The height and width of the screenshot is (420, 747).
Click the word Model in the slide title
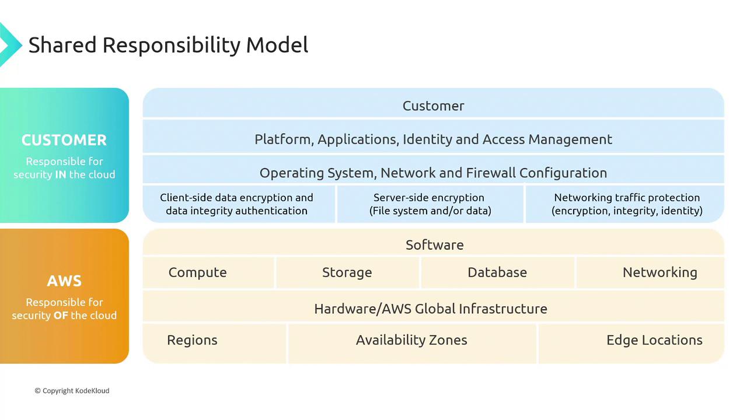[x=277, y=45]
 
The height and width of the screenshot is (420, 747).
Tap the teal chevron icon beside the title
[x=10, y=45]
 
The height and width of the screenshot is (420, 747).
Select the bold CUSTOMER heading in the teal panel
[x=64, y=140]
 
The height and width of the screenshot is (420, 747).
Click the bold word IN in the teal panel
[x=60, y=174]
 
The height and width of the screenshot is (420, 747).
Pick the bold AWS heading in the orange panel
[x=64, y=281]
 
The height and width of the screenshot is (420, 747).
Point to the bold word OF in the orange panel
[x=61, y=316]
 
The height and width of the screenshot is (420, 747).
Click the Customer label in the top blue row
[x=433, y=106]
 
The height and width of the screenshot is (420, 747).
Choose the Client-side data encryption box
[x=239, y=204]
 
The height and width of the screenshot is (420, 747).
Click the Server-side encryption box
[x=430, y=204]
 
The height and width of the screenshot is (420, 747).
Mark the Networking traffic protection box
[x=625, y=204]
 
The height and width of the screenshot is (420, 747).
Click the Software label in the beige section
[x=435, y=245]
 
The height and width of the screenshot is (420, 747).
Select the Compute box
[x=208, y=272]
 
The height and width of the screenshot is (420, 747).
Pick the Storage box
[x=347, y=272]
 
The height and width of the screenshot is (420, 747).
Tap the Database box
[x=498, y=272]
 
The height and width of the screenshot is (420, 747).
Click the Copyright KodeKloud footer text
[x=72, y=391]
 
